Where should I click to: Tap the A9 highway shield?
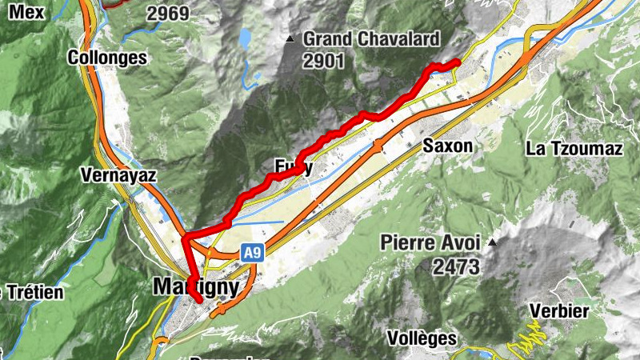(253, 254)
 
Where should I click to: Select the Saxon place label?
(448, 146)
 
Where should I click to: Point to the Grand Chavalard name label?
(371, 38)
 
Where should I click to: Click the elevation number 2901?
(323, 60)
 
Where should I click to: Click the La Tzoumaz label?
(574, 148)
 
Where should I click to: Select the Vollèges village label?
(421, 338)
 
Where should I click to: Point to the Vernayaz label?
(118, 174)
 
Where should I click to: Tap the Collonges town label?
(107, 58)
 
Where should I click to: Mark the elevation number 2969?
(168, 14)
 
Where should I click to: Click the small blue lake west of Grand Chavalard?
(243, 38)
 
